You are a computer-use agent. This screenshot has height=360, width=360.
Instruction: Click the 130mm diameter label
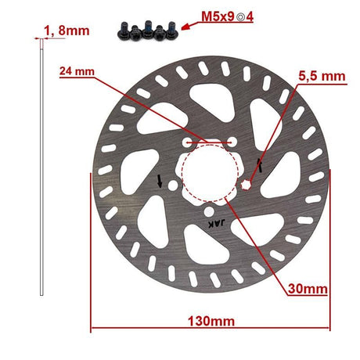point(211,321)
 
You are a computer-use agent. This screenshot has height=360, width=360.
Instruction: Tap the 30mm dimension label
point(308,289)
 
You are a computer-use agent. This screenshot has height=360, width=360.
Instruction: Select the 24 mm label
point(77,71)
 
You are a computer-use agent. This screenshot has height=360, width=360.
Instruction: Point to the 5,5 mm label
point(322,76)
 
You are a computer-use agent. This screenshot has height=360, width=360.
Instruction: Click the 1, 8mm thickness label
point(67,31)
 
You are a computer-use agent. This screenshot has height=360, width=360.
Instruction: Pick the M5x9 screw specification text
point(218,17)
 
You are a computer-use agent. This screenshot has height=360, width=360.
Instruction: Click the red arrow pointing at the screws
point(190,25)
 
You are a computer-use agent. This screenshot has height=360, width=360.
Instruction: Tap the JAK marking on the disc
point(216,224)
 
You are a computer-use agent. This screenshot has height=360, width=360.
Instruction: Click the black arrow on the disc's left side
point(160,182)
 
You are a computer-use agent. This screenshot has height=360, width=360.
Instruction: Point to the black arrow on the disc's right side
point(260,165)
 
